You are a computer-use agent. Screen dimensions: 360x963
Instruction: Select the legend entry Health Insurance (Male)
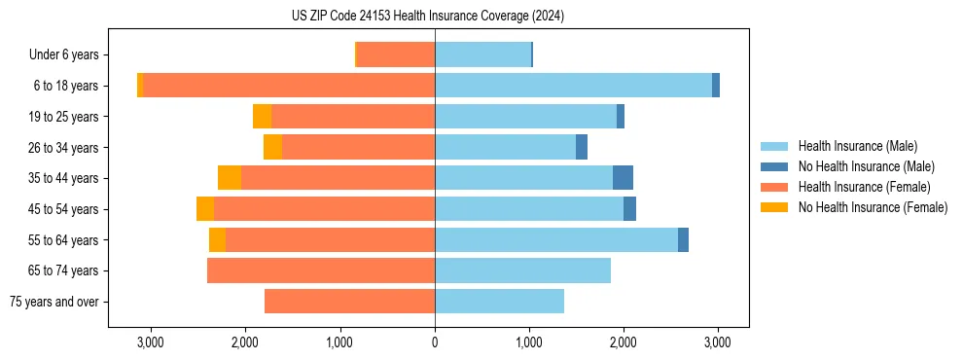[x=857, y=147]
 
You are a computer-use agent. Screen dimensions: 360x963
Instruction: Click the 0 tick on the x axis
[x=435, y=342]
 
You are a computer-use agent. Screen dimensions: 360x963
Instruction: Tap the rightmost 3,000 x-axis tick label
[x=718, y=342]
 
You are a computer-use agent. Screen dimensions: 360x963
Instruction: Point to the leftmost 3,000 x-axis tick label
[x=151, y=342]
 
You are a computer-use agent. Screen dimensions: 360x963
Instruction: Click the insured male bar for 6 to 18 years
[x=573, y=86]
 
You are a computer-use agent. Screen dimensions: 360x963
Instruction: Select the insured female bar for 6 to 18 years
[x=289, y=86]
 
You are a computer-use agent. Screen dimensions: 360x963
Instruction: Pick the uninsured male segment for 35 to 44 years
[x=623, y=178]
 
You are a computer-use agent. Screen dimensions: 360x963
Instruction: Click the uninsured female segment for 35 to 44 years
[x=230, y=178]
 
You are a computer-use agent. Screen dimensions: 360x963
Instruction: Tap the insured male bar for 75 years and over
[x=499, y=302]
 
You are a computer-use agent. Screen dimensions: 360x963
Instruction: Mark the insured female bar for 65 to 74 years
[x=321, y=270]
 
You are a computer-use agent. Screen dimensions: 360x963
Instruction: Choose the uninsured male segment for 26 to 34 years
[x=582, y=147]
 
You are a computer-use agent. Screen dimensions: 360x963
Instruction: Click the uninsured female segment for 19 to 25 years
[x=262, y=117]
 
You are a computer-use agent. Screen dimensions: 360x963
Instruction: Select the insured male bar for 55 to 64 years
[x=556, y=239]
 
